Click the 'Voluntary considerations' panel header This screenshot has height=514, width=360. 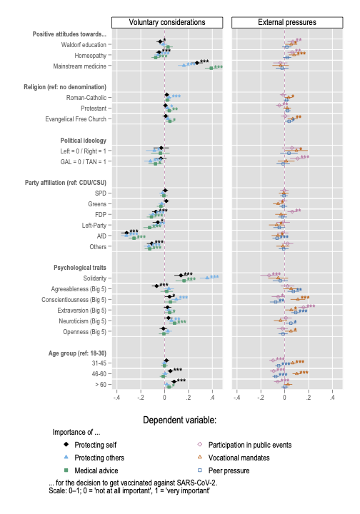[167, 22]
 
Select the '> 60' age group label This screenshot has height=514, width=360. [100, 385]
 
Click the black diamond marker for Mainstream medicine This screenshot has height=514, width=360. [197, 63]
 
